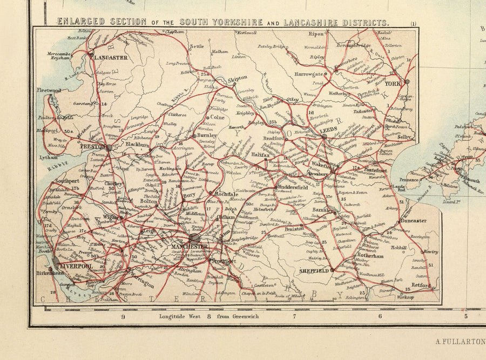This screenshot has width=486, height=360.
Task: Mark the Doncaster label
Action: pyautogui.click(x=413, y=220)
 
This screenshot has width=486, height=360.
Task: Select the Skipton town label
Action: pyautogui.click(x=240, y=78)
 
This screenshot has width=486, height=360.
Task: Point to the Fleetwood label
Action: pyautogui.click(x=49, y=90)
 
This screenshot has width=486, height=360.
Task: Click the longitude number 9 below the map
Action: pyautogui.click(x=123, y=317)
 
